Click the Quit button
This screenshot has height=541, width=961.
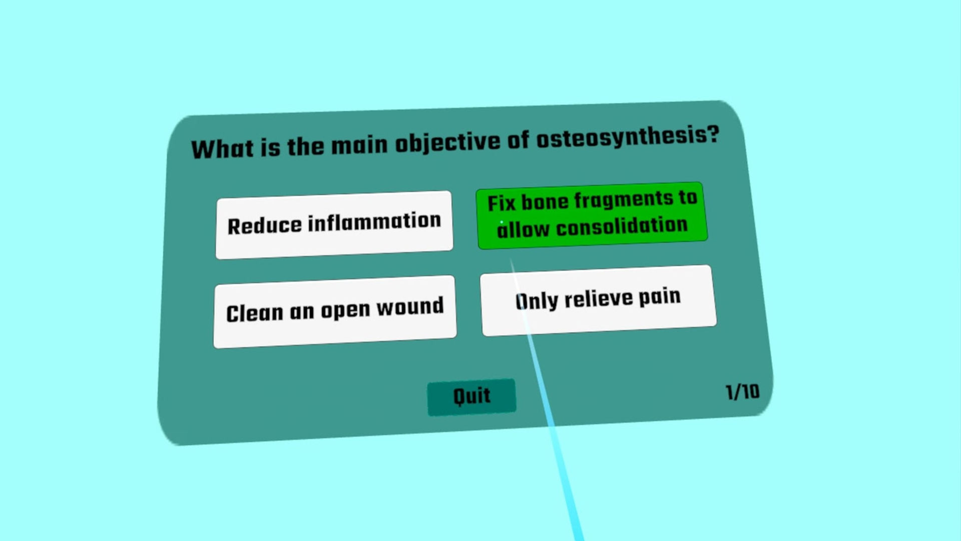[x=471, y=397]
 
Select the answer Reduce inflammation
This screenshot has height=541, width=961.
[x=334, y=225]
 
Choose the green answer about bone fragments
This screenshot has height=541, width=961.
[x=592, y=215]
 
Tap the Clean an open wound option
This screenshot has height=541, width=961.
[x=335, y=312]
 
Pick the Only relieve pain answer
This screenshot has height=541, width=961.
[x=598, y=300]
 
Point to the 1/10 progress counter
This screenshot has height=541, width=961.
[x=743, y=392]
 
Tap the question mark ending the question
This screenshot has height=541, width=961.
[x=713, y=134]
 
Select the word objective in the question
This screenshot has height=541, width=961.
[x=447, y=143]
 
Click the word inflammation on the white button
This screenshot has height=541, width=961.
[x=374, y=222]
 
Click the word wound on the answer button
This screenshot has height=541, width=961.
[x=410, y=307]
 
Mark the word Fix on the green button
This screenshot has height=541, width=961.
[x=502, y=203]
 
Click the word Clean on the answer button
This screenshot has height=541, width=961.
[x=255, y=314]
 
